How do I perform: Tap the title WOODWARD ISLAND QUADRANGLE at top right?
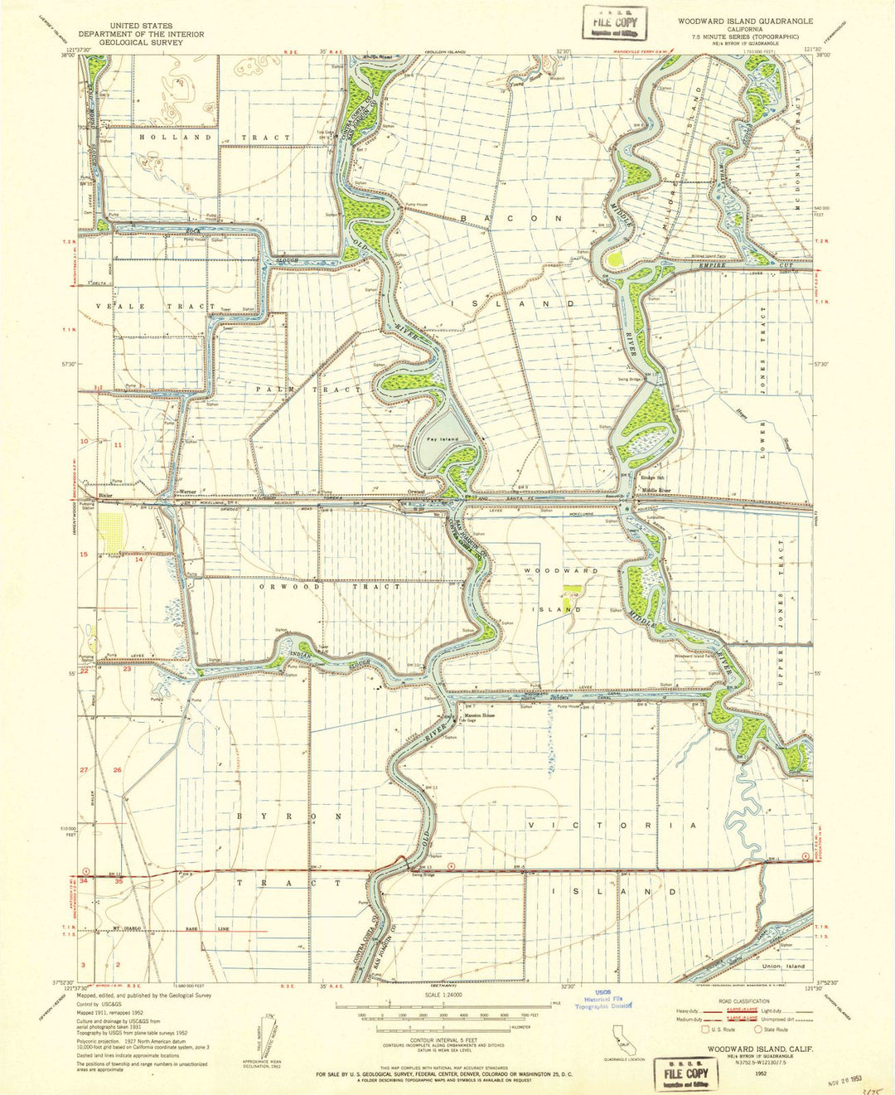(x=745, y=19)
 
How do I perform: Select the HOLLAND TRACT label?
(x=215, y=137)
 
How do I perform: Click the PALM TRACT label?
(x=308, y=389)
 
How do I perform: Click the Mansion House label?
(x=478, y=715)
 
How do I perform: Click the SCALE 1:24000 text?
(x=443, y=996)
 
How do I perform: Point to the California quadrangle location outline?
(x=622, y=1037)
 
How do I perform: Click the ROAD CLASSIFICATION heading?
(x=746, y=1001)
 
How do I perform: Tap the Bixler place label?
(x=105, y=494)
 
